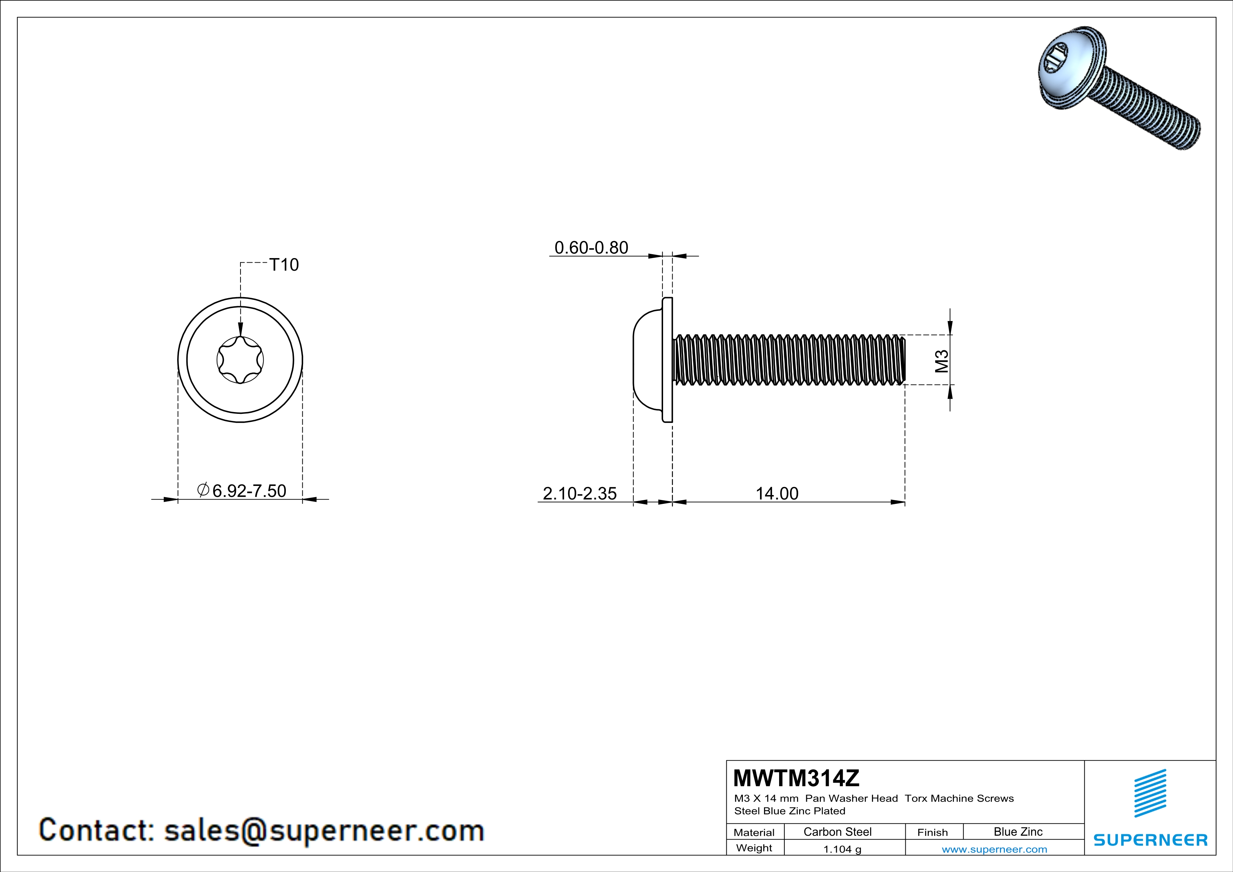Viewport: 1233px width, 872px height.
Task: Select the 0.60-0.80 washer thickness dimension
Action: [x=591, y=248]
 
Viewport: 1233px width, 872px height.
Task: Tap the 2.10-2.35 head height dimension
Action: [x=579, y=493]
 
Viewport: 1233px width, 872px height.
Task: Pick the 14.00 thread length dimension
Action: [x=777, y=493]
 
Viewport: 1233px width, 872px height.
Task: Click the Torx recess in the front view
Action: [x=240, y=360]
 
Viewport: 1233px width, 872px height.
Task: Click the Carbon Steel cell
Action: [x=837, y=832]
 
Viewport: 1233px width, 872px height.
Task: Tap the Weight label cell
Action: [x=754, y=848]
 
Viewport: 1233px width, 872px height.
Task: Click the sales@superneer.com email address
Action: [x=324, y=830]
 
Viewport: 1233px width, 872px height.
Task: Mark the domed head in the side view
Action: [x=648, y=360]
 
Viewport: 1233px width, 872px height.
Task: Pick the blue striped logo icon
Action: [x=1150, y=793]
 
